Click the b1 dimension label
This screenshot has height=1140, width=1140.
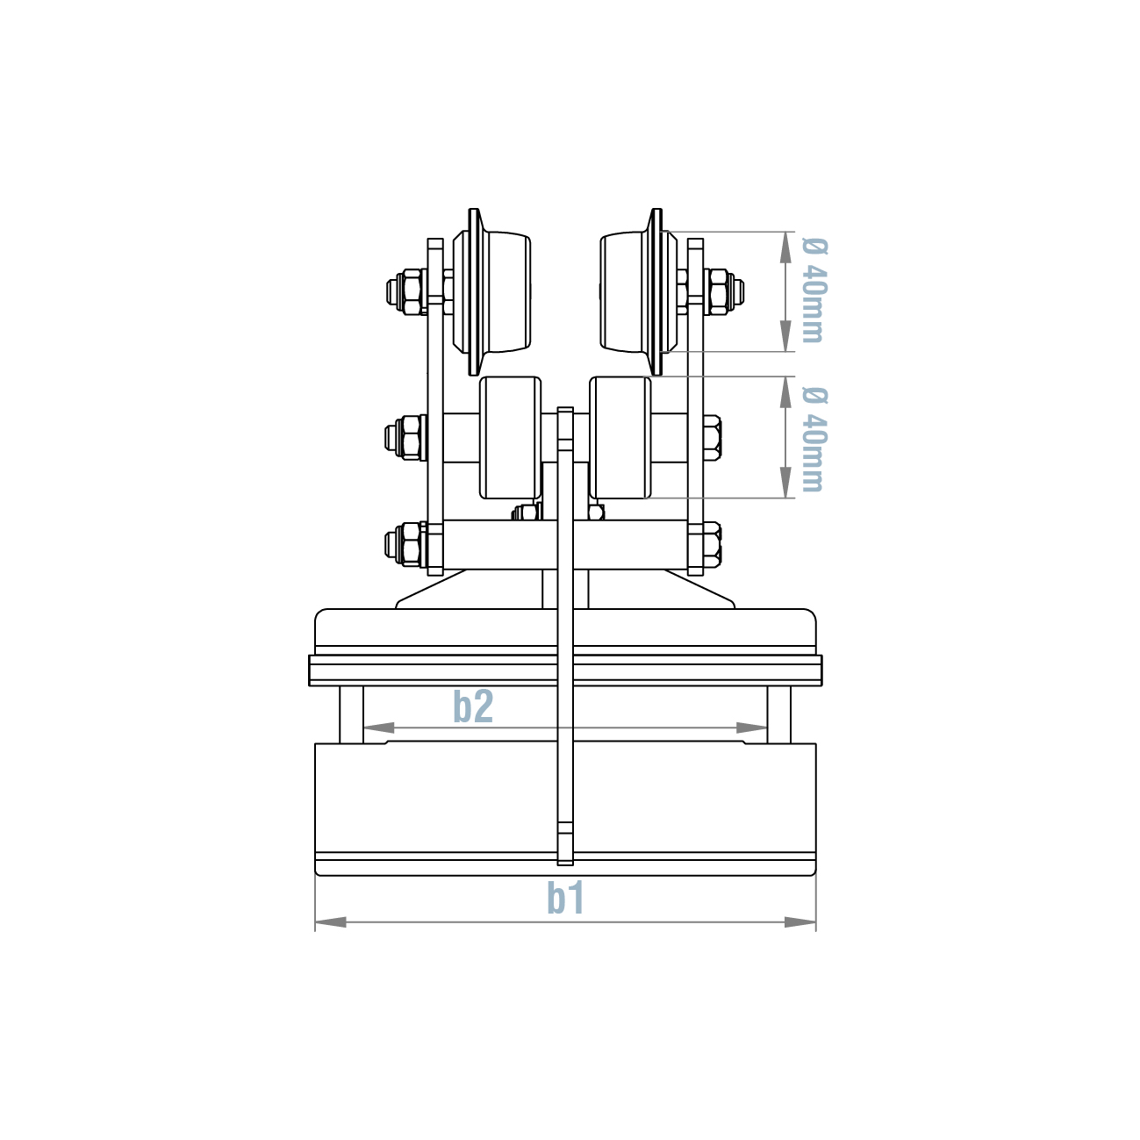[565, 897]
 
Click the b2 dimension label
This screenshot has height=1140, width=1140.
[473, 706]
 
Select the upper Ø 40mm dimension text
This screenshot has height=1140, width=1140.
[814, 290]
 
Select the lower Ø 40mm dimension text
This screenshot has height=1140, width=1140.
[814, 438]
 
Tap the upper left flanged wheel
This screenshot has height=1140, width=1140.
[493, 291]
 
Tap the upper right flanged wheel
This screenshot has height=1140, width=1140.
[636, 291]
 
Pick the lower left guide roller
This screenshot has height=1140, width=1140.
[509, 437]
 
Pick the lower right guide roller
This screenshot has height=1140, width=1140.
[620, 437]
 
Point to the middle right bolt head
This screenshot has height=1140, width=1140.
[712, 436]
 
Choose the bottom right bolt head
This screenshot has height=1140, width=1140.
[712, 543]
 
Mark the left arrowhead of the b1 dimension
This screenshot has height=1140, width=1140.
[330, 922]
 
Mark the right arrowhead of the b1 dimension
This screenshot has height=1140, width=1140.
[800, 922]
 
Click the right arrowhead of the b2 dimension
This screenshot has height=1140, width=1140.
[752, 728]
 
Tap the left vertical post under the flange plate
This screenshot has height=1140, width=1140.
[351, 713]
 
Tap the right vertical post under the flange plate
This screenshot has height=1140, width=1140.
[779, 713]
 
